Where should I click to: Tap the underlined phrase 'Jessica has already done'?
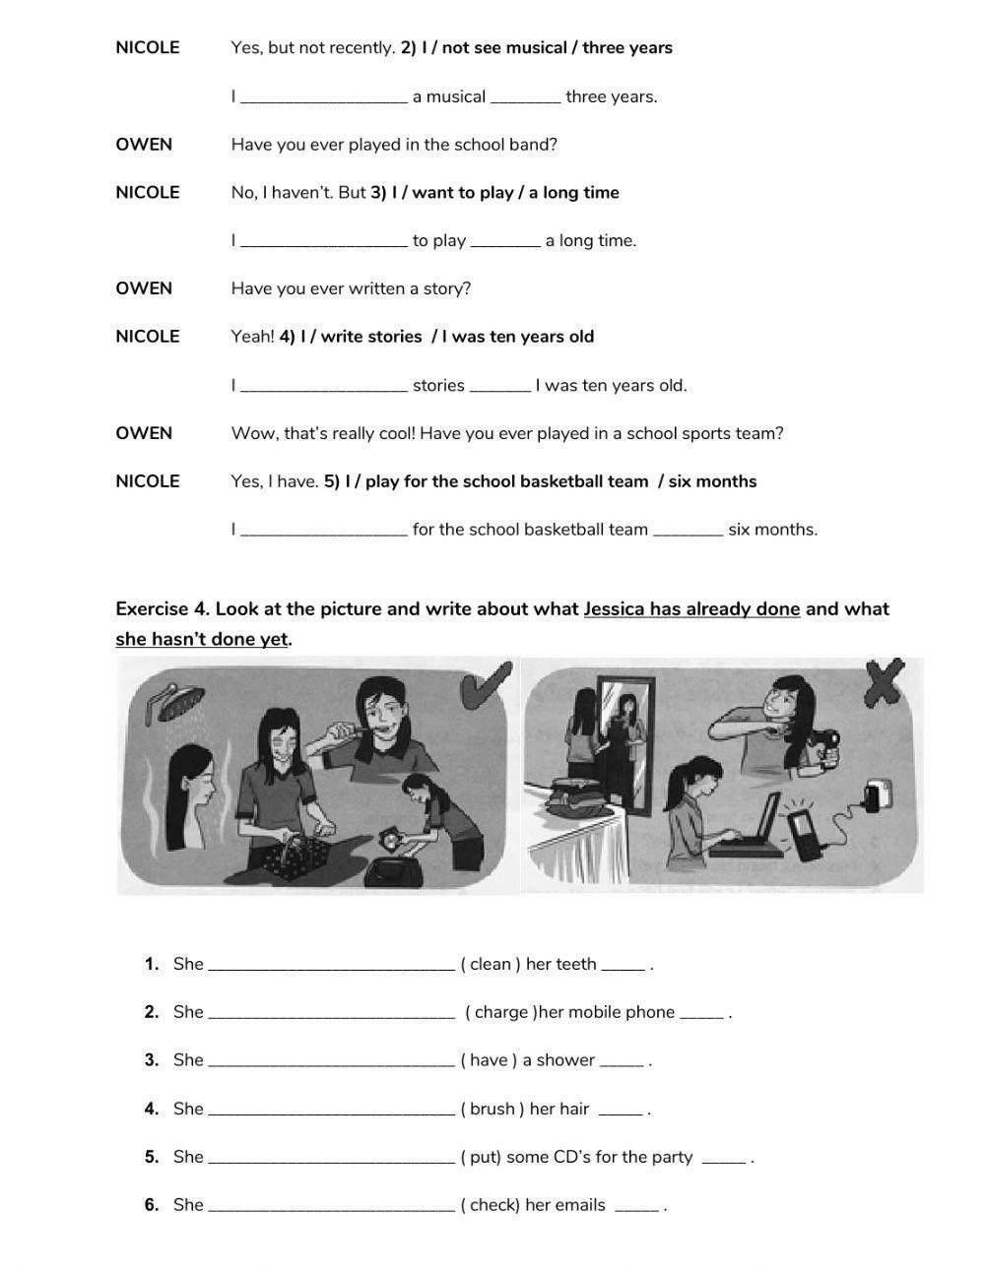691,608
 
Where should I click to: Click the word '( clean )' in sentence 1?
491,964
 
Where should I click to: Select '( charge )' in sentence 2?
500,1012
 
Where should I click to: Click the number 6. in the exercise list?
152,1204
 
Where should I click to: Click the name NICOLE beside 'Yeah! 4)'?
148,337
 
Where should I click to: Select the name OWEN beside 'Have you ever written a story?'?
144,288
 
